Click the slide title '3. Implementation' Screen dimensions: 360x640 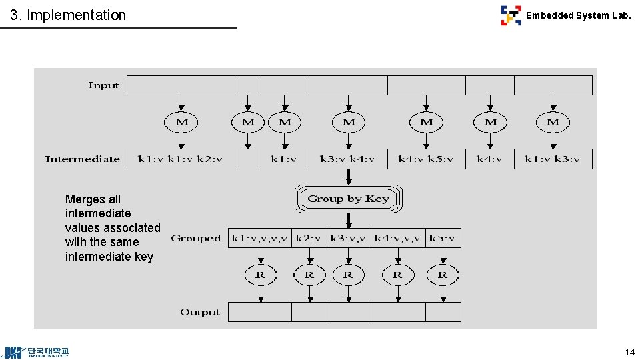[68, 15]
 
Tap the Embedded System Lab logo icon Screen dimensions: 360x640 [511, 15]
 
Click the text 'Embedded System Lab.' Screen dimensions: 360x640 [578, 15]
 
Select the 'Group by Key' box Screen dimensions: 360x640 [348, 199]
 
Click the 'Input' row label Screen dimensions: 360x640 [103, 85]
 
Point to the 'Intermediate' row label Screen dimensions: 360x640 [82, 159]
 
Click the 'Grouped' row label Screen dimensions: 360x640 [195, 238]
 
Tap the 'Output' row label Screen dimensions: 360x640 [199, 312]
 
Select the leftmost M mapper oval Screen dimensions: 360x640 [181, 122]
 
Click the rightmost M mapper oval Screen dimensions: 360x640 [553, 122]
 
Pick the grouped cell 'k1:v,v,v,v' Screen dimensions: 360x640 [259, 238]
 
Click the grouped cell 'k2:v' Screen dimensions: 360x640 [309, 238]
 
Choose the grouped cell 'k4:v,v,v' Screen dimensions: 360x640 [397, 238]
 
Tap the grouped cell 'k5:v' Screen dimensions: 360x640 [443, 238]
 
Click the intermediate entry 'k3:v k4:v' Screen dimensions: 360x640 [347, 159]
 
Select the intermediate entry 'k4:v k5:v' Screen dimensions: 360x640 [426, 159]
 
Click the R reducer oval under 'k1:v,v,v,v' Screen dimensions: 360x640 [260, 274]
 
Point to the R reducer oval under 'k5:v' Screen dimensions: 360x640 [443, 274]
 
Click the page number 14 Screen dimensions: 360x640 [629, 352]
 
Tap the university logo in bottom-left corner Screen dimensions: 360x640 [37, 352]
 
